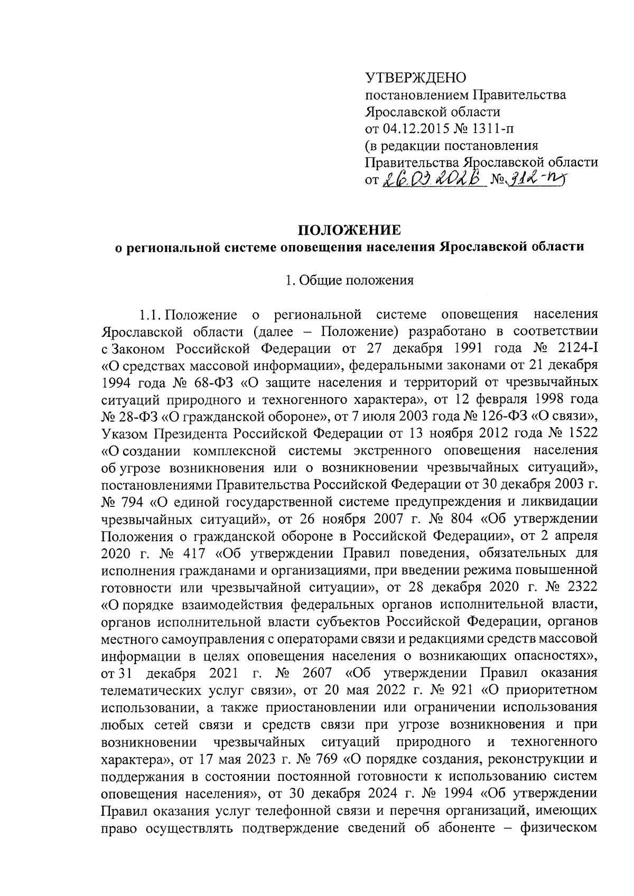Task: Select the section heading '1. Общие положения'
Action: click(349, 280)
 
